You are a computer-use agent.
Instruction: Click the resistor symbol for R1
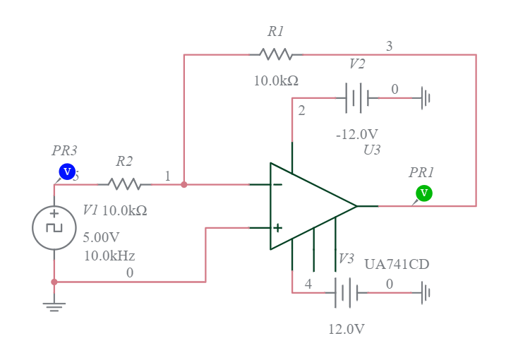click(275, 54)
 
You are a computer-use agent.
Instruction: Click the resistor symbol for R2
click(124, 184)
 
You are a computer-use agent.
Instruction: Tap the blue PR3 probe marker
click(67, 172)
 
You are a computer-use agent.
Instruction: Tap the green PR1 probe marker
click(424, 193)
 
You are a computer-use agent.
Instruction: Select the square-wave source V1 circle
click(54, 228)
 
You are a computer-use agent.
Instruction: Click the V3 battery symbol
click(346, 292)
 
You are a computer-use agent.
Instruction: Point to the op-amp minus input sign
click(277, 185)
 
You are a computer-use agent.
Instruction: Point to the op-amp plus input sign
click(277, 228)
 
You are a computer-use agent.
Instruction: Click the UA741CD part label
click(396, 265)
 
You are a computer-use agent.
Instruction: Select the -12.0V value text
click(356, 134)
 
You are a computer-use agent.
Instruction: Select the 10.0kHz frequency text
click(109, 256)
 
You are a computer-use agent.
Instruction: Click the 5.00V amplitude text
click(102, 237)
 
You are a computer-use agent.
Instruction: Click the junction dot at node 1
click(184, 184)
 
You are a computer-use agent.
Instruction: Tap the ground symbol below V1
click(54, 305)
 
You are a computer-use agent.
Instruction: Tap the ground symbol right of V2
click(425, 98)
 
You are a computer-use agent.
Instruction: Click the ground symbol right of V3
click(425, 292)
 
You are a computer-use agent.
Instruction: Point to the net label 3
click(389, 47)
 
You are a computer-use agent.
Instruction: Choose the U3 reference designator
click(372, 150)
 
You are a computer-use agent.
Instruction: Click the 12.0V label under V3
click(346, 329)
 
